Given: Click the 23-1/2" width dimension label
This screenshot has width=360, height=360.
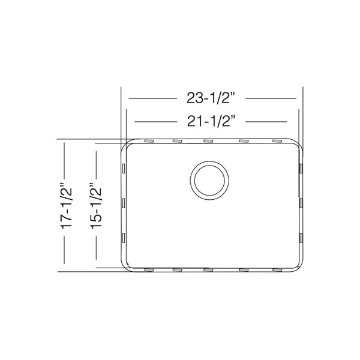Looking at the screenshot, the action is [x=211, y=98].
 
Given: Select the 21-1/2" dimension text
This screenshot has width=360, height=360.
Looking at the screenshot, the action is [x=211, y=121].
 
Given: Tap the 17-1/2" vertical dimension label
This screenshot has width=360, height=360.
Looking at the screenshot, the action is [x=67, y=206].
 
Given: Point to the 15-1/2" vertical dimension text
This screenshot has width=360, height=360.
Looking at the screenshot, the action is [x=96, y=206].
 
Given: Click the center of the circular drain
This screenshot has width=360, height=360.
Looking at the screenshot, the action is [x=209, y=181].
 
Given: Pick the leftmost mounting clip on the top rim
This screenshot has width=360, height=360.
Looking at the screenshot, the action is [x=149, y=141].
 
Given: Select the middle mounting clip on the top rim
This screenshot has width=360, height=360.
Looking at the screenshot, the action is [x=208, y=141].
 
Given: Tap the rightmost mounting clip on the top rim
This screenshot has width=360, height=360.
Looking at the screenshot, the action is [x=277, y=141].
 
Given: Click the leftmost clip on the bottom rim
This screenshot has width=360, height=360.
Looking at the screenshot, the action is [x=149, y=270].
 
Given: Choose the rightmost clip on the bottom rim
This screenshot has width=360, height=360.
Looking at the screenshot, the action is [x=277, y=270].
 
